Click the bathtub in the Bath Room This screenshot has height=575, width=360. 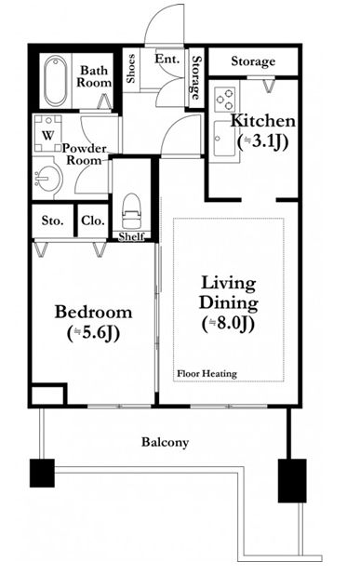pos(56,81)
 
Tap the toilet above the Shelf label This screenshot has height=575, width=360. pos(131,211)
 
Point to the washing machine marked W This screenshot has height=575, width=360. pos(47,133)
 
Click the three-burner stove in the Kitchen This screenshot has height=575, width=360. pos(224,100)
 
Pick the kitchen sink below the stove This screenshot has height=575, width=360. pos(225,139)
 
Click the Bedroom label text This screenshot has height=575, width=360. pos(93,312)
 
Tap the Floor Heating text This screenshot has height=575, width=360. pos(207,374)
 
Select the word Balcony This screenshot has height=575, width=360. pos(165,442)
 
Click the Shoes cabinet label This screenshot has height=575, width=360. pos(131,68)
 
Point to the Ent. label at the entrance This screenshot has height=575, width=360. pos(167,59)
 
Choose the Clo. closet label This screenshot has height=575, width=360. pos(93,221)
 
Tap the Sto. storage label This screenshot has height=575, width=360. pos(52,221)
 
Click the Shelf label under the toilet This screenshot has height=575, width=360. pos(131,236)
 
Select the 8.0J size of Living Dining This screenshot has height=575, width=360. pos(228,324)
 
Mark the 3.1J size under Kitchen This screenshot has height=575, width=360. pos(262,141)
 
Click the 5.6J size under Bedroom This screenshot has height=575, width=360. pos(93,333)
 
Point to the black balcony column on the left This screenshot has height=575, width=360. pos(42,473)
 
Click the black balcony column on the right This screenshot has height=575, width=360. pos(292,480)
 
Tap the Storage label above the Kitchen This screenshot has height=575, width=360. pos(253,61)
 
